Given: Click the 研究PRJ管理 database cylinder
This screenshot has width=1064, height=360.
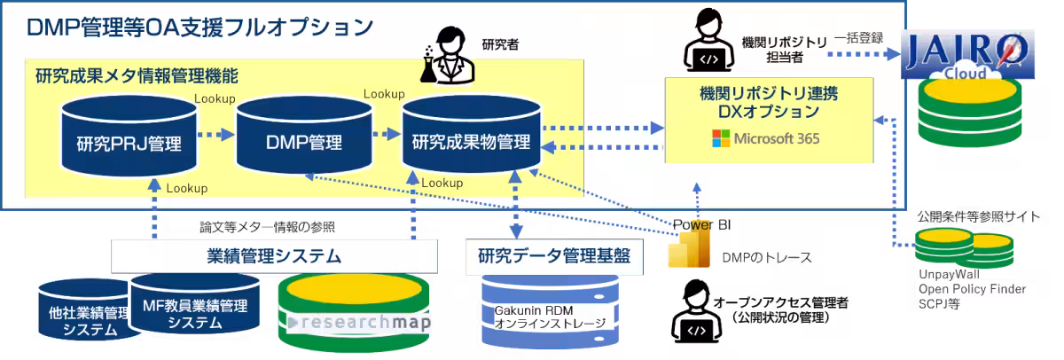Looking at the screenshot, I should tap(129, 137).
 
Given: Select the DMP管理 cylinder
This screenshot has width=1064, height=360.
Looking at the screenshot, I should tap(303, 137).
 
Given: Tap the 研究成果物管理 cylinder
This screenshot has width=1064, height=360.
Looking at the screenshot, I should tap(470, 137).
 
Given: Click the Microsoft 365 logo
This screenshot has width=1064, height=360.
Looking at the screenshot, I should tap(765, 138).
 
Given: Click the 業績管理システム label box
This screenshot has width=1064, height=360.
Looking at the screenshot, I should tap(275, 256).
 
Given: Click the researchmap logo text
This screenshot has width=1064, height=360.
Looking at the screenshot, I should tap(360, 322).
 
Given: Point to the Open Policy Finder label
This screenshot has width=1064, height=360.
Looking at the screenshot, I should tap(972, 289).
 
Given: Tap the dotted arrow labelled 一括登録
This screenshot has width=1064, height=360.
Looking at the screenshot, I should tap(860, 54).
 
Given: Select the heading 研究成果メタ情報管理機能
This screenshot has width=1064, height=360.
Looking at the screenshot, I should tap(137, 75).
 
